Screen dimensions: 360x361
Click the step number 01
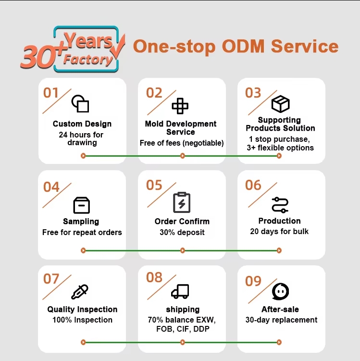point(51,93)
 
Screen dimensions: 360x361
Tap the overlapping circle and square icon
point(80,104)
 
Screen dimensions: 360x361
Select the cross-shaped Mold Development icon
point(180,106)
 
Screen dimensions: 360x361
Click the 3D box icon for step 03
point(280,104)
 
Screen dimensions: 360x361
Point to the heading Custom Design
point(82,124)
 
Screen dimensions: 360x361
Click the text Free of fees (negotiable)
point(182,143)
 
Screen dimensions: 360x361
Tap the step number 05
point(154,185)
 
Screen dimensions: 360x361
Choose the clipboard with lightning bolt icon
point(182,202)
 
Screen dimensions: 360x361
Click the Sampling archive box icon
point(82,205)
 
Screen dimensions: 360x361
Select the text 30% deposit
point(182,232)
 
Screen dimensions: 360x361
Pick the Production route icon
point(280,205)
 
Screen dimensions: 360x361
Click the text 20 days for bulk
point(279,231)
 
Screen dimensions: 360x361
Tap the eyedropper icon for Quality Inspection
point(80,292)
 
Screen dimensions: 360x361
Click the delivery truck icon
point(180,291)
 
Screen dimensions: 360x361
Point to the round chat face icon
point(280,291)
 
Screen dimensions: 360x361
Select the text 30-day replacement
point(281,320)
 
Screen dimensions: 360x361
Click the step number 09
point(253,281)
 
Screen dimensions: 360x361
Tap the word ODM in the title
point(243,46)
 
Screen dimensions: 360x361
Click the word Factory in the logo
point(88,60)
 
